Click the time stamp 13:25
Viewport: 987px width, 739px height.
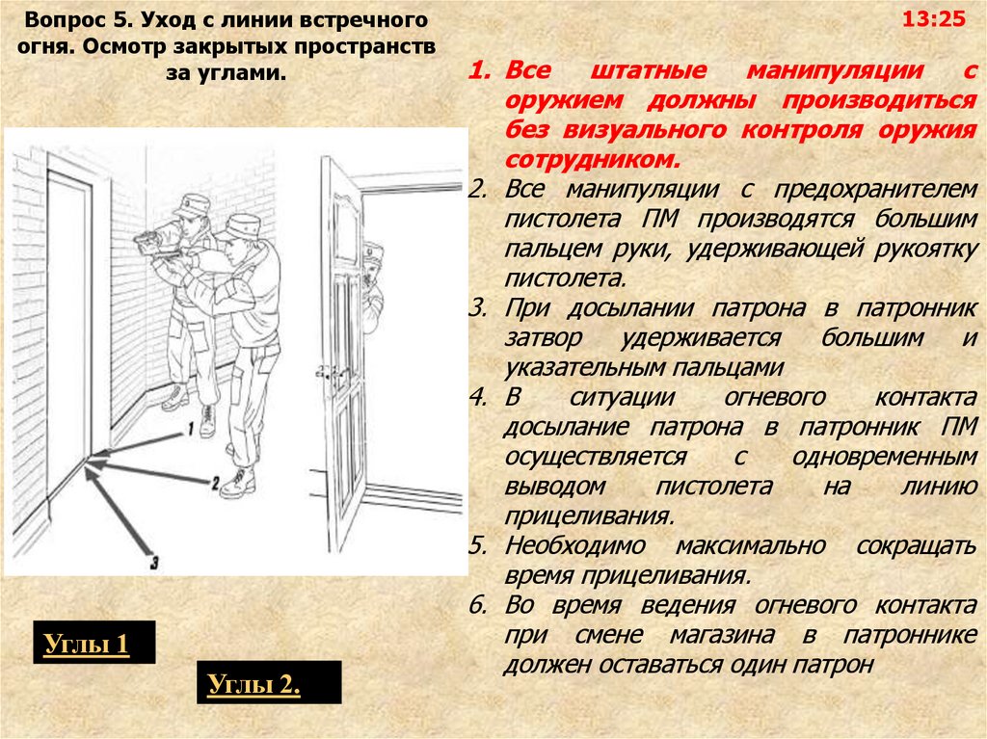pos(933,19)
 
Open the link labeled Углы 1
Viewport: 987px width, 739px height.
pos(86,644)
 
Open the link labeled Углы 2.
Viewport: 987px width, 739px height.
pos(253,684)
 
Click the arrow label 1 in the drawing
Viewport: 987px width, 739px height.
pos(190,430)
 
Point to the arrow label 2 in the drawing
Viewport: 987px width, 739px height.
pos(215,483)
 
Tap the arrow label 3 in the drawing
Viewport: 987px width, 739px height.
pos(154,562)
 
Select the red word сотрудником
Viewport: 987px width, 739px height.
pos(593,160)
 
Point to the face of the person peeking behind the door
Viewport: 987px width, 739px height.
pos(371,268)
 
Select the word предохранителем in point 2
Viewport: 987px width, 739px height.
pos(875,190)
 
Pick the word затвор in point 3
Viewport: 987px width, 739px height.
pos(544,338)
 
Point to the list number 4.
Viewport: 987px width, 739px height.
pos(478,397)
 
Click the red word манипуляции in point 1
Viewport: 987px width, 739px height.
pos(835,70)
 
